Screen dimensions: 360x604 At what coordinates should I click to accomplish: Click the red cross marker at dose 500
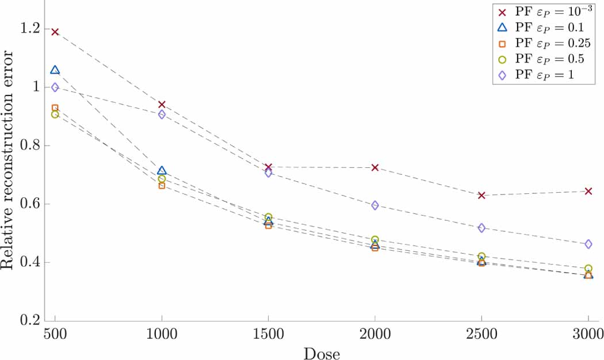tap(55, 32)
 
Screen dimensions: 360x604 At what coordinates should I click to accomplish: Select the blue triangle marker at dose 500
tap(55, 70)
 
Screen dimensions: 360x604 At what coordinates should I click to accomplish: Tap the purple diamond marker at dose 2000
tap(375, 205)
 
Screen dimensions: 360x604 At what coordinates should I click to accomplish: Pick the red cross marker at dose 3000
tap(588, 191)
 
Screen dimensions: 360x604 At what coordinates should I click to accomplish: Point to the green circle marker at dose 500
tap(55, 114)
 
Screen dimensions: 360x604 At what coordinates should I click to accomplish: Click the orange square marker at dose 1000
tap(162, 185)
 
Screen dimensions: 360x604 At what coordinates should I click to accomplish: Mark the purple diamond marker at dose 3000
tap(588, 244)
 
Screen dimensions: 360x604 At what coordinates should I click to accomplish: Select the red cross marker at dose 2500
tap(481, 196)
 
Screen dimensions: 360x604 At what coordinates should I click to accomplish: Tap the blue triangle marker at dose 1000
tap(162, 171)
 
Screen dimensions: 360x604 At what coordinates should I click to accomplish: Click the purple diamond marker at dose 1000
tap(162, 114)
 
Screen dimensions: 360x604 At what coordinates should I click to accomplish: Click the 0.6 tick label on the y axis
tap(30, 204)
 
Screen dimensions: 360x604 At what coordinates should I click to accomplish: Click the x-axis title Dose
tap(322, 352)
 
